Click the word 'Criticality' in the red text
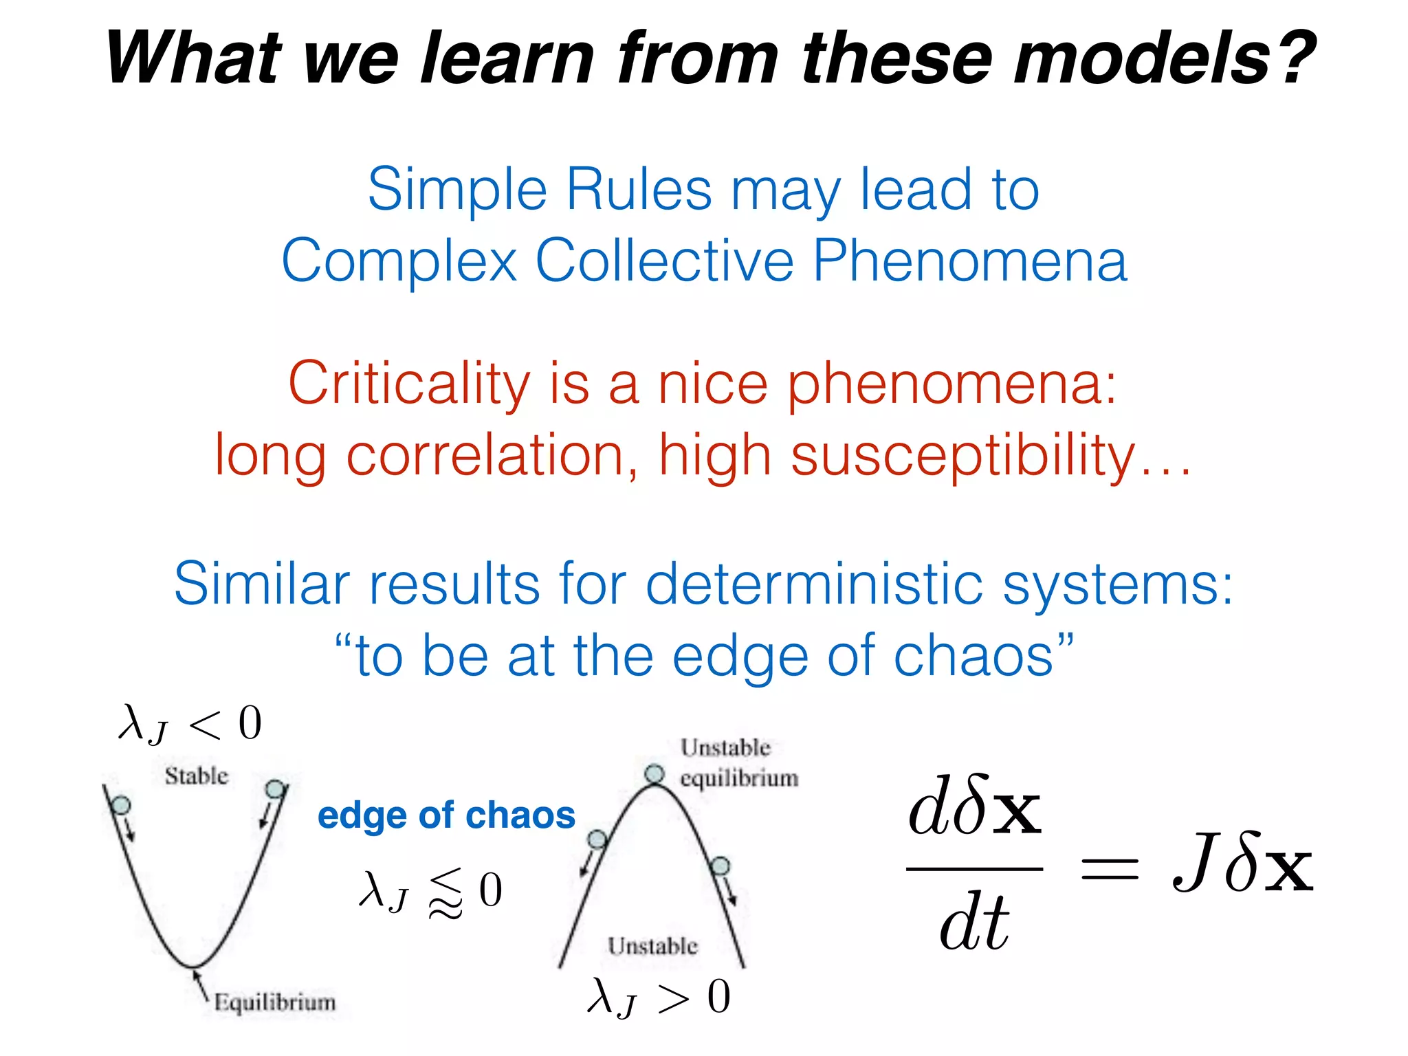[x=409, y=384]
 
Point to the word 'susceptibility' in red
[x=962, y=455]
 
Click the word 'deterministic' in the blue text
[x=815, y=584]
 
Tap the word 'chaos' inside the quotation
[x=972, y=655]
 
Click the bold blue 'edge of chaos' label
[x=446, y=815]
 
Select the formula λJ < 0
[x=190, y=724]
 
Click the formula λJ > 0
[x=658, y=997]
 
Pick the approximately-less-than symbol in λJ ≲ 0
[x=445, y=892]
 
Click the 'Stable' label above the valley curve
[x=196, y=776]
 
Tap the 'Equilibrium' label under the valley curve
[x=275, y=1002]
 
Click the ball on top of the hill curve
[x=654, y=774]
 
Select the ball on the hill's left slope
[x=597, y=839]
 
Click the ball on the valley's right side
[x=275, y=789]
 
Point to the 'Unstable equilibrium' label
[x=738, y=762]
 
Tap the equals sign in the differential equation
[x=1109, y=868]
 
